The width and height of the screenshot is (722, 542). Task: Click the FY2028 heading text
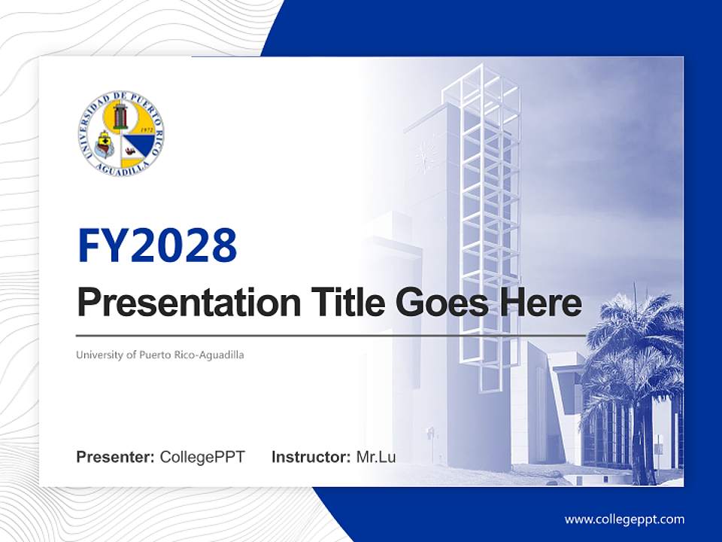156,245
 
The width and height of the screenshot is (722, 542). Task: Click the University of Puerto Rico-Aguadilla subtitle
159,354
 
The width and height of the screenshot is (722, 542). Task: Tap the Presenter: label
116,457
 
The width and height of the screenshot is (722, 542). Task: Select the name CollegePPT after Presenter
202,457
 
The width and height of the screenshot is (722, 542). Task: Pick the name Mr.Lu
376,457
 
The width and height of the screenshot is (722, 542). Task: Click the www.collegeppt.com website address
624,519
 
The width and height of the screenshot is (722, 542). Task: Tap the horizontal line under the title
331,335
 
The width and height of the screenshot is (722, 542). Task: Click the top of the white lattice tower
481,75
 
